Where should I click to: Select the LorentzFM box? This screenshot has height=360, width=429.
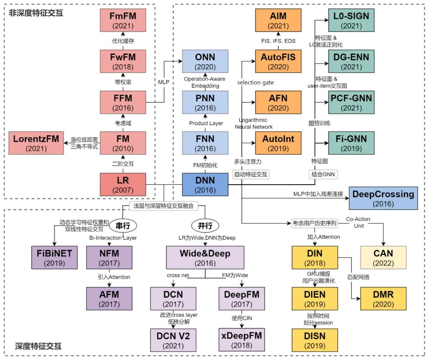(x=36, y=143)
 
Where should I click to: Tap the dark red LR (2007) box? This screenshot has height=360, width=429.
(x=123, y=184)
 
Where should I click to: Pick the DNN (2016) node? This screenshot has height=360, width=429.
(x=205, y=184)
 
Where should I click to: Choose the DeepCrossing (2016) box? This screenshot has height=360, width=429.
(x=383, y=198)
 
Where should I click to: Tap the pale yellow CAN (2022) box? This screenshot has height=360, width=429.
(x=383, y=258)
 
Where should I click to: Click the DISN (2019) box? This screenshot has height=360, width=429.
(x=315, y=340)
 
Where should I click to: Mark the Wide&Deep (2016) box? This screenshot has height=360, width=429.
(x=205, y=258)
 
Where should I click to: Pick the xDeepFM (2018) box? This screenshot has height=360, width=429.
(x=242, y=340)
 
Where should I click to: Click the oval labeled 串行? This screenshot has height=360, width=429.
(x=123, y=225)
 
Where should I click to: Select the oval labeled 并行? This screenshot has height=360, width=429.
(x=205, y=225)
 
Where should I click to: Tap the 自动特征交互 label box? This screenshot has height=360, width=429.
(x=251, y=174)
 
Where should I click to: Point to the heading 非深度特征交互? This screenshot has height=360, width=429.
(x=36, y=13)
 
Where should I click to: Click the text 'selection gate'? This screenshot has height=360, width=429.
(x=256, y=83)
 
